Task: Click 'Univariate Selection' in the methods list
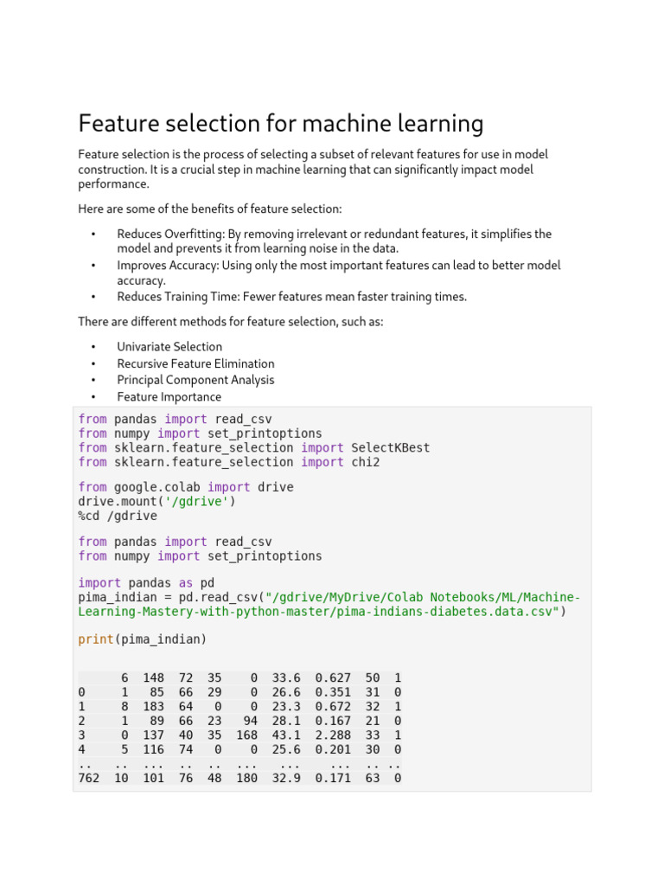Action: pyautogui.click(x=169, y=347)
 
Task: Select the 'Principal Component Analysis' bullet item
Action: pyautogui.click(x=195, y=380)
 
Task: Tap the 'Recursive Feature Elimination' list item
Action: pyautogui.click(x=195, y=363)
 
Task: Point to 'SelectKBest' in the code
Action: pyautogui.click(x=390, y=447)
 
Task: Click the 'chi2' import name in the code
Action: pyautogui.click(x=365, y=462)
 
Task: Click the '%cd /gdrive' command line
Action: pyautogui.click(x=118, y=516)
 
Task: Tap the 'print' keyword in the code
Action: pyautogui.click(x=95, y=639)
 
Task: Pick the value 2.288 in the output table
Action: pyautogui.click(x=333, y=735)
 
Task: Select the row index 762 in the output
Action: pyautogui.click(x=88, y=778)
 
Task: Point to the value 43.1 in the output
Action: pyautogui.click(x=286, y=735)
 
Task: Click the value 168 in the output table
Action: pyautogui.click(x=246, y=735)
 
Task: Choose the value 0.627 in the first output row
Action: pyautogui.click(x=333, y=677)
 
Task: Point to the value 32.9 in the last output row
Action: pyautogui.click(x=286, y=778)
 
